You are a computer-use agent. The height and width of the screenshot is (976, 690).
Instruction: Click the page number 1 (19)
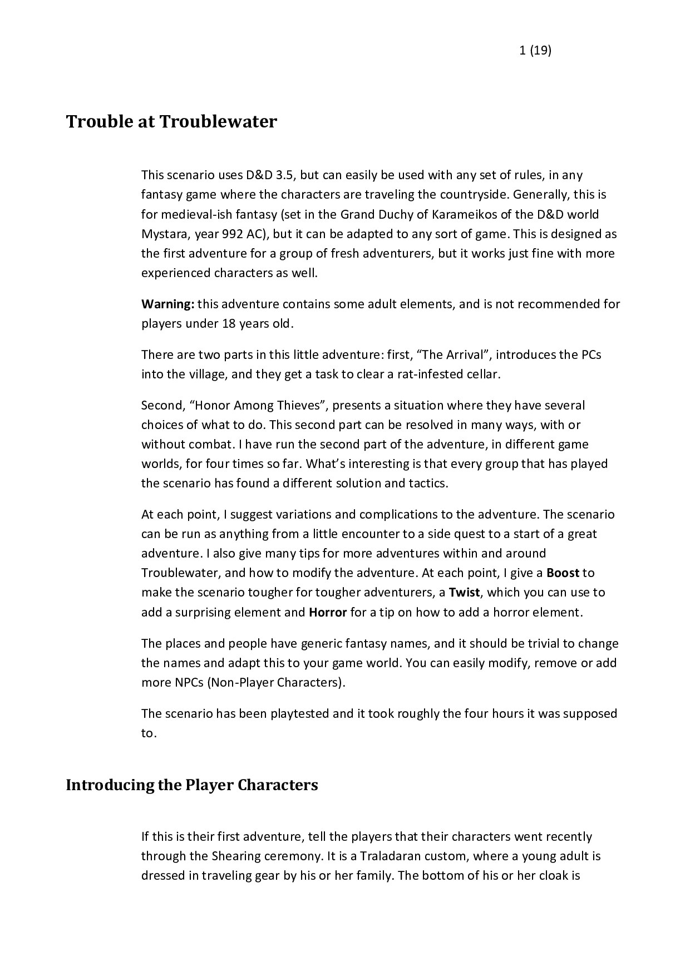point(535,51)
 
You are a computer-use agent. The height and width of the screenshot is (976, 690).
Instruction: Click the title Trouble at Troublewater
point(171,121)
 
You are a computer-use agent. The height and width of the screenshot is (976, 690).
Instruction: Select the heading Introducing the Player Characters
point(192,785)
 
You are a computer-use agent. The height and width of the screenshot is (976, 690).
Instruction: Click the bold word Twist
point(465,592)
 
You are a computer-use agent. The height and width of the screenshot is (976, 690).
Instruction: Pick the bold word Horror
point(328,612)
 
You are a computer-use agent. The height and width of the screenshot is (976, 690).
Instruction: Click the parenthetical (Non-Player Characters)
point(277,682)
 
